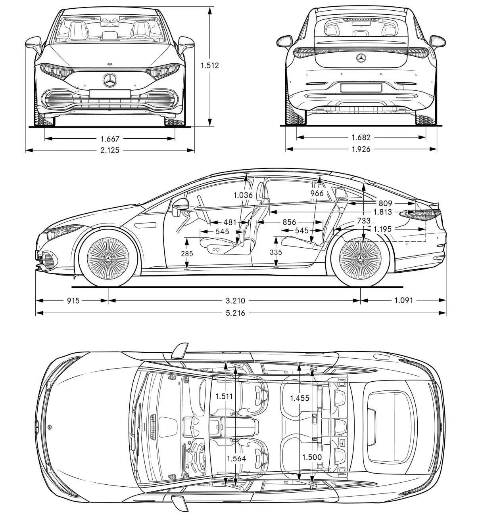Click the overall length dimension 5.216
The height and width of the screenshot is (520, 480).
pyautogui.click(x=235, y=313)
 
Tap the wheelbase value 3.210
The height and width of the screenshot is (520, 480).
pyautogui.click(x=235, y=300)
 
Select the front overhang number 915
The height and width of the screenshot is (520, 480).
pyautogui.click(x=73, y=300)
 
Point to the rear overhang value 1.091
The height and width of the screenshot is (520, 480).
pyautogui.click(x=403, y=300)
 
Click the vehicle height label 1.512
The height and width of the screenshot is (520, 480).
pyautogui.click(x=210, y=65)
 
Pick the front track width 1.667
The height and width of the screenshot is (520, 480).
pyautogui.click(x=110, y=138)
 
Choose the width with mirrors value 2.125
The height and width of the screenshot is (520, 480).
pyautogui.click(x=110, y=150)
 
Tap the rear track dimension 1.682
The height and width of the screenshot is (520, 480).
pyautogui.click(x=361, y=137)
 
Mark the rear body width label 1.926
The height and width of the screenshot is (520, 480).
pyautogui.click(x=361, y=149)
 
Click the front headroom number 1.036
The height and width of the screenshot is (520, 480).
pyautogui.click(x=243, y=195)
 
